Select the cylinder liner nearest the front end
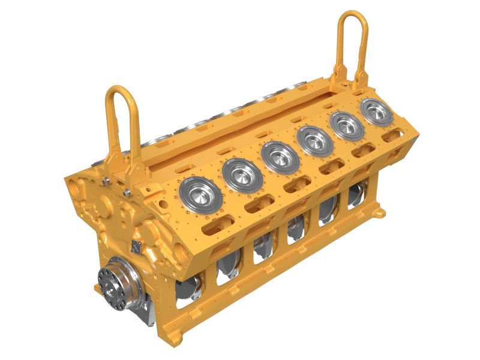pos(200,194)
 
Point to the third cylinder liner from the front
pos(279,157)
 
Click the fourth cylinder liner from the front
pos(315,141)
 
